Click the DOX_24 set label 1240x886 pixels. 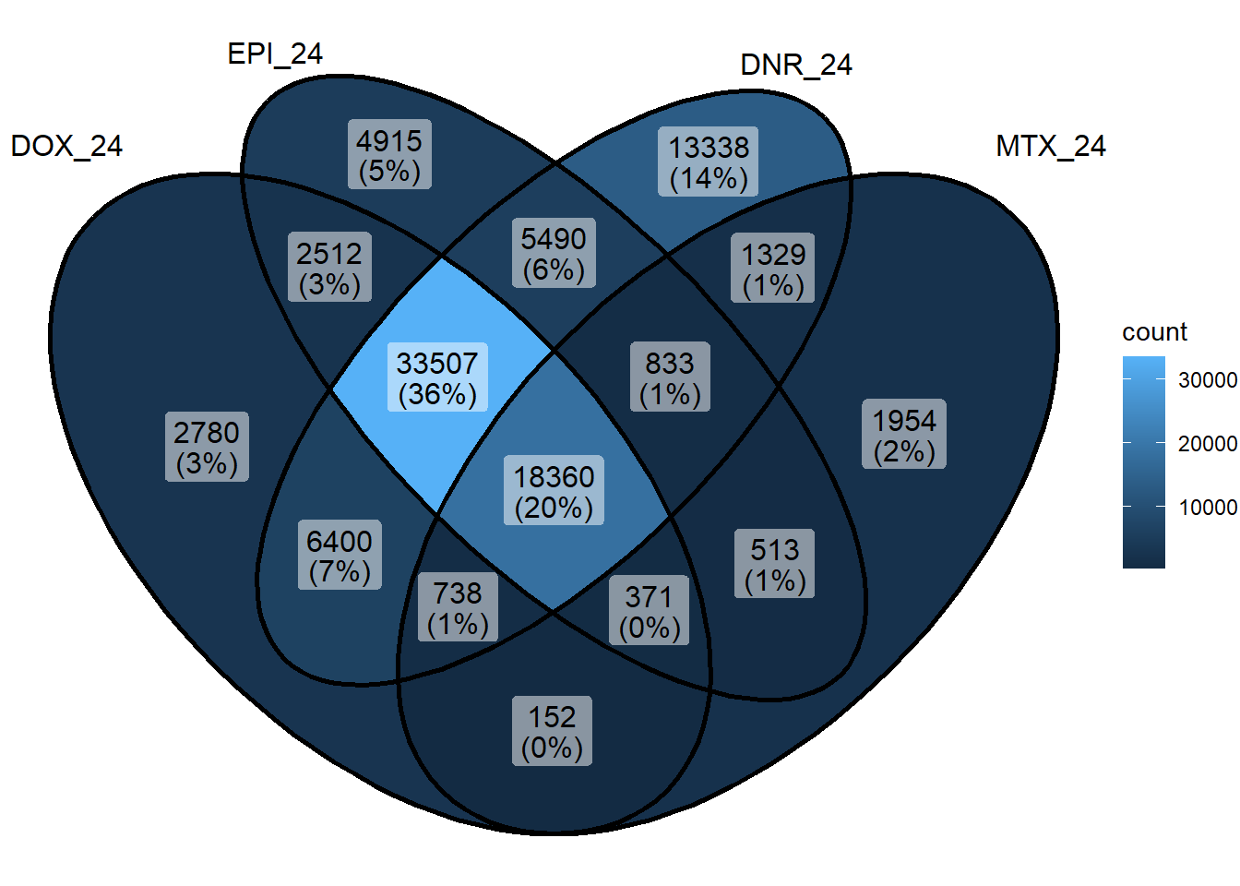pos(66,147)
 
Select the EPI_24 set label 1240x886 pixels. pos(275,54)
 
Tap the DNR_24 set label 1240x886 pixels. pos(796,66)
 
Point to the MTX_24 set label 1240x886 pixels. pos(1051,147)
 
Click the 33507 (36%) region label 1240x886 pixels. pos(437,377)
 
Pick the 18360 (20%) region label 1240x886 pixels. pos(554,490)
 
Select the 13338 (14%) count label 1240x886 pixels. pos(708,162)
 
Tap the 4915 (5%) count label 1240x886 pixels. pos(389,154)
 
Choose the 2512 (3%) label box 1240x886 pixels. pos(329,267)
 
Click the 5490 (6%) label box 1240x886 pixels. pos(554,253)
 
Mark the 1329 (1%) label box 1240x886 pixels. pos(773,268)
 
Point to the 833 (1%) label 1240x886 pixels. pos(670,377)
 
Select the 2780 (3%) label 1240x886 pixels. pos(207,447)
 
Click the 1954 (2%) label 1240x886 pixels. pos(904,434)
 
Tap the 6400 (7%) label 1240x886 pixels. pos(340,555)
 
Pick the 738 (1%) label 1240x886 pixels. pos(458,607)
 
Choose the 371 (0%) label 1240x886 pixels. pos(649,610)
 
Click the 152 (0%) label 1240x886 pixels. pos(552,731)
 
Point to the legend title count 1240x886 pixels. pos(1154,332)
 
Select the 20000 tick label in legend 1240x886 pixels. pos(1208,444)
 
